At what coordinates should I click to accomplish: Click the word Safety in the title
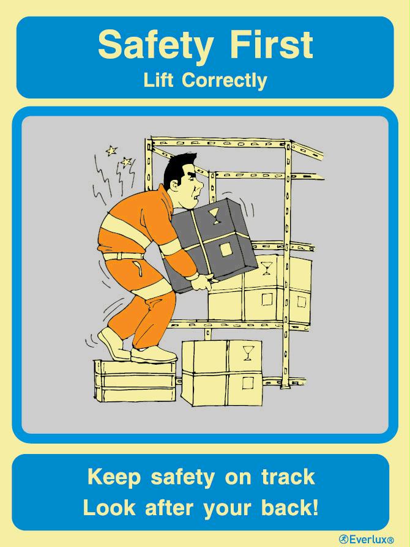(155, 46)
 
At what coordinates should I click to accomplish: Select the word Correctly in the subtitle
(225, 81)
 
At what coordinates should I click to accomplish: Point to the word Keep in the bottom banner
(114, 477)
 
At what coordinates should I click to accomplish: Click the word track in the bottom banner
(288, 477)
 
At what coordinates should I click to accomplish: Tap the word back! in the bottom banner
(290, 507)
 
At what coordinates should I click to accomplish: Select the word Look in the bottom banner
(109, 507)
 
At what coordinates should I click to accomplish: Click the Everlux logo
(367, 539)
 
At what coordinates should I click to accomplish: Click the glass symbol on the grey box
(214, 215)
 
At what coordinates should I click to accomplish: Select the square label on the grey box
(226, 250)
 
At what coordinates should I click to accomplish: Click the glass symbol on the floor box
(248, 352)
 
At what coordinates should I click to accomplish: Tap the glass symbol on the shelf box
(267, 268)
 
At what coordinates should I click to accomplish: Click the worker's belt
(123, 256)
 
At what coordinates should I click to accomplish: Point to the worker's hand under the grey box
(201, 281)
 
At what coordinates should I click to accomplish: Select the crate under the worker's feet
(135, 381)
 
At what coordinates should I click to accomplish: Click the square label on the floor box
(248, 383)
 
